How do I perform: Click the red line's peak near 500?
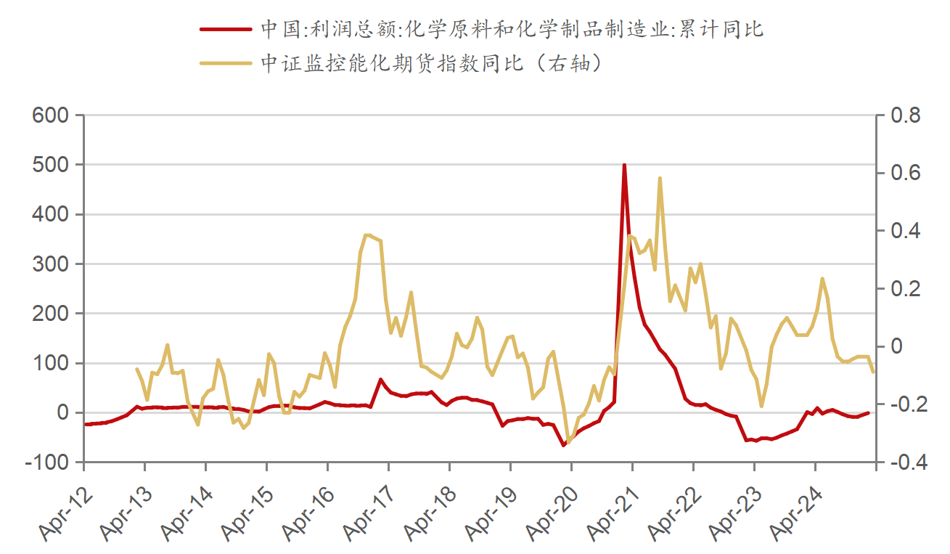(x=624, y=166)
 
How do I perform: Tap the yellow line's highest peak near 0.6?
(x=660, y=178)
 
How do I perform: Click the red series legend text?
(x=512, y=29)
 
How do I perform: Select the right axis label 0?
(x=893, y=346)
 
